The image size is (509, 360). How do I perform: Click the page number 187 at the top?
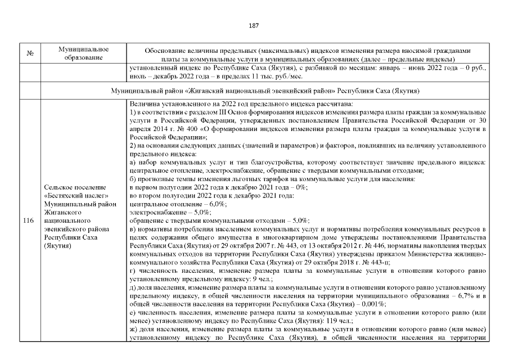coord(253,26)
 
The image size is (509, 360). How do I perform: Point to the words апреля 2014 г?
coord(150,129)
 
